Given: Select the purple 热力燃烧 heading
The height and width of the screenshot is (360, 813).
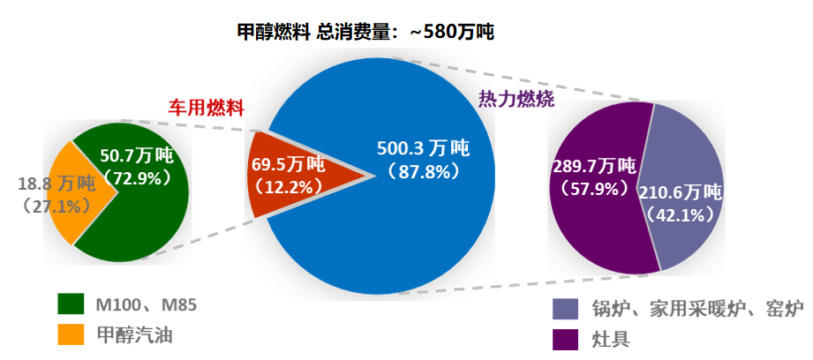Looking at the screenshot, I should [516, 99].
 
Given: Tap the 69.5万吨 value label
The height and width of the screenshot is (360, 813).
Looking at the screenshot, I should [288, 165].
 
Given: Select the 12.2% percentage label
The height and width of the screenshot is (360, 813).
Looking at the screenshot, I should [288, 187].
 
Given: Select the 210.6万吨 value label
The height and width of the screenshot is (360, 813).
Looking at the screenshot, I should [680, 192].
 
